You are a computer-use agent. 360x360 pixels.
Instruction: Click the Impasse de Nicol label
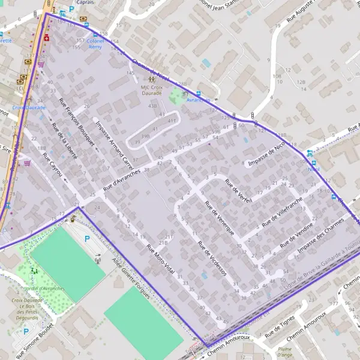[x=268, y=155]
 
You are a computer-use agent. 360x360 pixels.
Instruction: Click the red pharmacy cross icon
[x=46, y=37]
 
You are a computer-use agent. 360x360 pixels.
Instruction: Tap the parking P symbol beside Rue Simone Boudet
[x=26, y=331]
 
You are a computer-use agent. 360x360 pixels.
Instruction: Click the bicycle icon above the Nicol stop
[x=309, y=153]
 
